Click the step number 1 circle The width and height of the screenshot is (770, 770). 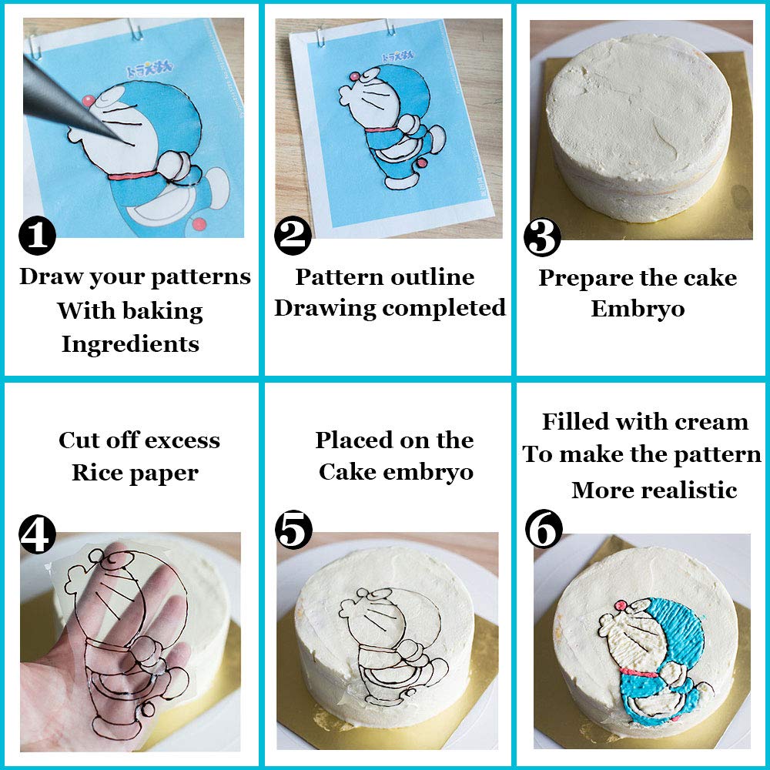(37, 236)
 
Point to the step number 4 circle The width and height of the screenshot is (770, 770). (37, 534)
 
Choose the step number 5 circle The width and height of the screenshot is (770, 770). (294, 531)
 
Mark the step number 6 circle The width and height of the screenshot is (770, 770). (544, 531)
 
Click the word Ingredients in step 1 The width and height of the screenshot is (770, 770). (130, 344)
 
